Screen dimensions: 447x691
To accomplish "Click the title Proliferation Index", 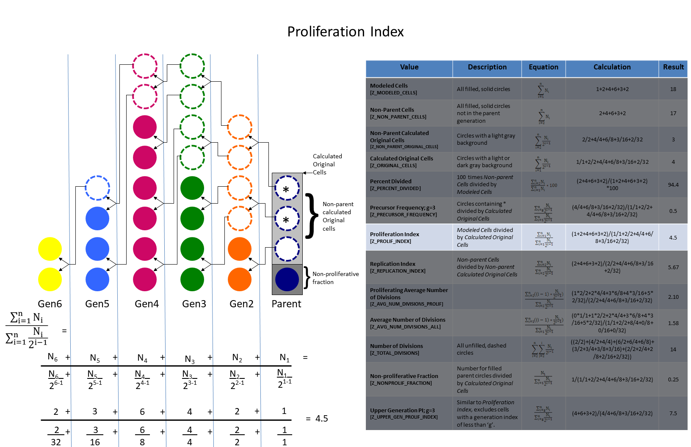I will point(345,32).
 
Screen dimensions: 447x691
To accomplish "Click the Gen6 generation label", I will point(50,304).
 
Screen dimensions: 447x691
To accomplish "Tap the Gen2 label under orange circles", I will point(241,304).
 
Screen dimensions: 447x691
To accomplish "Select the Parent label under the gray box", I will point(286,304).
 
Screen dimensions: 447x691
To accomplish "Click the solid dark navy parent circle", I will point(287,279).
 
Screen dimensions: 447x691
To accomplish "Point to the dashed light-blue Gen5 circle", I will point(97,188).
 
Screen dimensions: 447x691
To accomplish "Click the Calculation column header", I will point(612,67).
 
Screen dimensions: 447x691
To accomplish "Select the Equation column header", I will point(543,67).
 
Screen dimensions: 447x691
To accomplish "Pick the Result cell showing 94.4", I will point(673,185).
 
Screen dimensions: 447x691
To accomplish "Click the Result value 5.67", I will point(673,268).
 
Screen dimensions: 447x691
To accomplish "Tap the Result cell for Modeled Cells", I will point(673,89).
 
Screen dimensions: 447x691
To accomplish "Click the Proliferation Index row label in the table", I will point(395,237).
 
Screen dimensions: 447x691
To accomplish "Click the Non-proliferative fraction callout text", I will point(335,278).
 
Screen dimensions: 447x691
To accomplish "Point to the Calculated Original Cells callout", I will point(327,164).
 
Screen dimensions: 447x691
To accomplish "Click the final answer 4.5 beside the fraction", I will point(321,419).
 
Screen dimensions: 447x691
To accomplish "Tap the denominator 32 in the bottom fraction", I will point(56,442).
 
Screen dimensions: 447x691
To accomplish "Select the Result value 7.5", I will point(673,414).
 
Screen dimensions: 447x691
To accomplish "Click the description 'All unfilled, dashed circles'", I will point(481,349).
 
